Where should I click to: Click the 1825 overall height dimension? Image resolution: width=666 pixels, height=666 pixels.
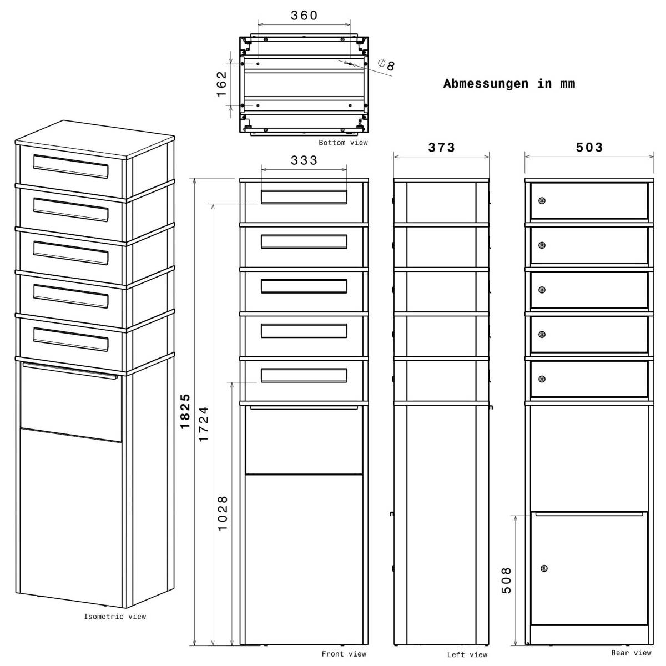[x=186, y=411]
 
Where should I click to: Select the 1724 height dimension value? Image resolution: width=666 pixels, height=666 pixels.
[x=204, y=423]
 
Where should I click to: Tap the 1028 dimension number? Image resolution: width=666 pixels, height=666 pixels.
[x=223, y=513]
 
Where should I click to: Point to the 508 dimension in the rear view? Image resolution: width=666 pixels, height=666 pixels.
[x=506, y=580]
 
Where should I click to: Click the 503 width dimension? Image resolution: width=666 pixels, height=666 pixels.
[x=589, y=148]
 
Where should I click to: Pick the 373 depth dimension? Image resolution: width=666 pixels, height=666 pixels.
[x=442, y=148]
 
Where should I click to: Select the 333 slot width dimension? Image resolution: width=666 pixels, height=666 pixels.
[x=304, y=160]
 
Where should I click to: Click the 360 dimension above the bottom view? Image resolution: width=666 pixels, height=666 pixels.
[x=304, y=16]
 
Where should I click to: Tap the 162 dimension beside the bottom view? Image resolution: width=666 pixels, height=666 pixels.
[x=222, y=84]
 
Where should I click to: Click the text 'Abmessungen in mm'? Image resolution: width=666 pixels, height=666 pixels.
[x=509, y=84]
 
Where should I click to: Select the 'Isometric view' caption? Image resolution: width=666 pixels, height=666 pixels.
[x=115, y=617]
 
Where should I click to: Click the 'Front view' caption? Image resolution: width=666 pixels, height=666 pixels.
[x=344, y=654]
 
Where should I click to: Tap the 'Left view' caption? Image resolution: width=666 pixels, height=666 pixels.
[x=467, y=655]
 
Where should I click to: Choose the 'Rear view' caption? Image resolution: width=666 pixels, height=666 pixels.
[x=631, y=653]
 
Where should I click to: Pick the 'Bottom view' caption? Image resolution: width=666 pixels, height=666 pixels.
[x=343, y=143]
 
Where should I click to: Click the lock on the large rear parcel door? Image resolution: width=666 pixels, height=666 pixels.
[x=544, y=568]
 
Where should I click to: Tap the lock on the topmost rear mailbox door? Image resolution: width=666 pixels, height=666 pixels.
[x=542, y=200]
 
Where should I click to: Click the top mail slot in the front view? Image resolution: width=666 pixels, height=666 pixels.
[x=304, y=198]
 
